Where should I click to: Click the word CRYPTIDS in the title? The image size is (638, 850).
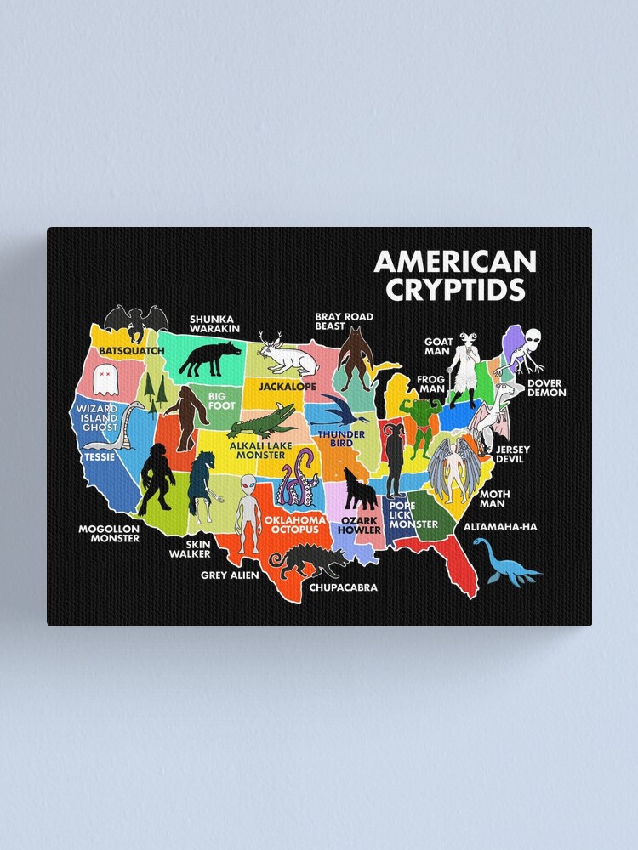tap(455, 290)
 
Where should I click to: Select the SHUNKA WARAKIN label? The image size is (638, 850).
tap(214, 324)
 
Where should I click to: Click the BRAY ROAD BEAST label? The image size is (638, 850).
tap(344, 321)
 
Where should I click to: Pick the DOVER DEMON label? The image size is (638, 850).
tap(545, 387)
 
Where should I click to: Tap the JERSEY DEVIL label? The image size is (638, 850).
tap(513, 454)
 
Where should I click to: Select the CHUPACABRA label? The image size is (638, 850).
tap(343, 586)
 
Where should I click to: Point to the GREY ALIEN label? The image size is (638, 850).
tap(230, 575)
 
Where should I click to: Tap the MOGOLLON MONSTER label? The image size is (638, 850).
tap(109, 533)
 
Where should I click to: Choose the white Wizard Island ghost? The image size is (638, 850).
tap(105, 379)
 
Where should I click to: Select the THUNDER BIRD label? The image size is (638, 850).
tap(335, 439)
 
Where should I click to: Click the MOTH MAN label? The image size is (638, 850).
tap(494, 498)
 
